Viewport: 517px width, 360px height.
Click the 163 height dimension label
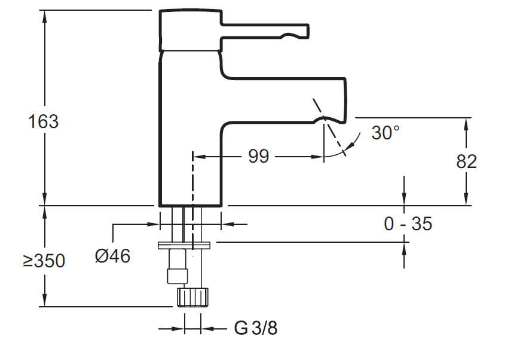(x=44, y=121)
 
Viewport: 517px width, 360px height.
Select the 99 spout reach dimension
(x=258, y=157)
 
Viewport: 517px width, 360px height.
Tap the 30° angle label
(x=385, y=132)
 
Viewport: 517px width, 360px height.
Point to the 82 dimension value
(x=466, y=161)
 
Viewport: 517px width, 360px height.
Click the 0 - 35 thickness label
(x=408, y=224)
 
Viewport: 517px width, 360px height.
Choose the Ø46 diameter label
(x=112, y=256)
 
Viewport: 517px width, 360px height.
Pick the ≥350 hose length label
(x=44, y=261)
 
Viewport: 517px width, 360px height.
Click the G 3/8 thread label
(x=256, y=328)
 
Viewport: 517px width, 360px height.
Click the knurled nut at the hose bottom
(x=192, y=297)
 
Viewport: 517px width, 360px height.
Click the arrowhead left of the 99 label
(x=200, y=157)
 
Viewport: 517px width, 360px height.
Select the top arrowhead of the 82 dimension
(x=466, y=123)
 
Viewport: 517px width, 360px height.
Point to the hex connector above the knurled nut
(x=178, y=276)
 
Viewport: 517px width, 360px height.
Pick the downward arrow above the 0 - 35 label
(x=405, y=200)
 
